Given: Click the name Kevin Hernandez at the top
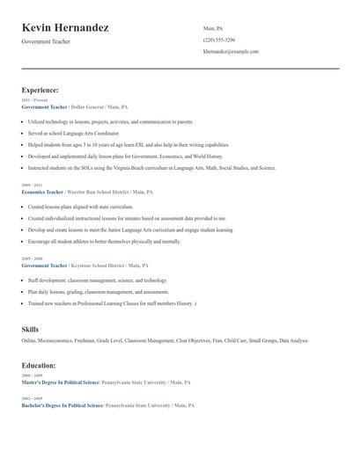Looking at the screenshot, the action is coord(65,28).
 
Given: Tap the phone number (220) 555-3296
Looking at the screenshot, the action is coord(219,40).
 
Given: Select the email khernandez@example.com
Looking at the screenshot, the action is coord(231,52).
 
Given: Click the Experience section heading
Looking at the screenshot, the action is coord(41,90).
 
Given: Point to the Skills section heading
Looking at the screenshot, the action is coord(30,329).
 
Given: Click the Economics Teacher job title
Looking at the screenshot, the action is coord(42,192).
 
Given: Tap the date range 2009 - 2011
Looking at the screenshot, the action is coord(31,186).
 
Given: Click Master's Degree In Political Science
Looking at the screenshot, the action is coord(62,382).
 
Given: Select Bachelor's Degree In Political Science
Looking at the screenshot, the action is coord(63,405).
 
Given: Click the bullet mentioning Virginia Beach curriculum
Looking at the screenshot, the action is coord(150,167).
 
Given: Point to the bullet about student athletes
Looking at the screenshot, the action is coord(103,241).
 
